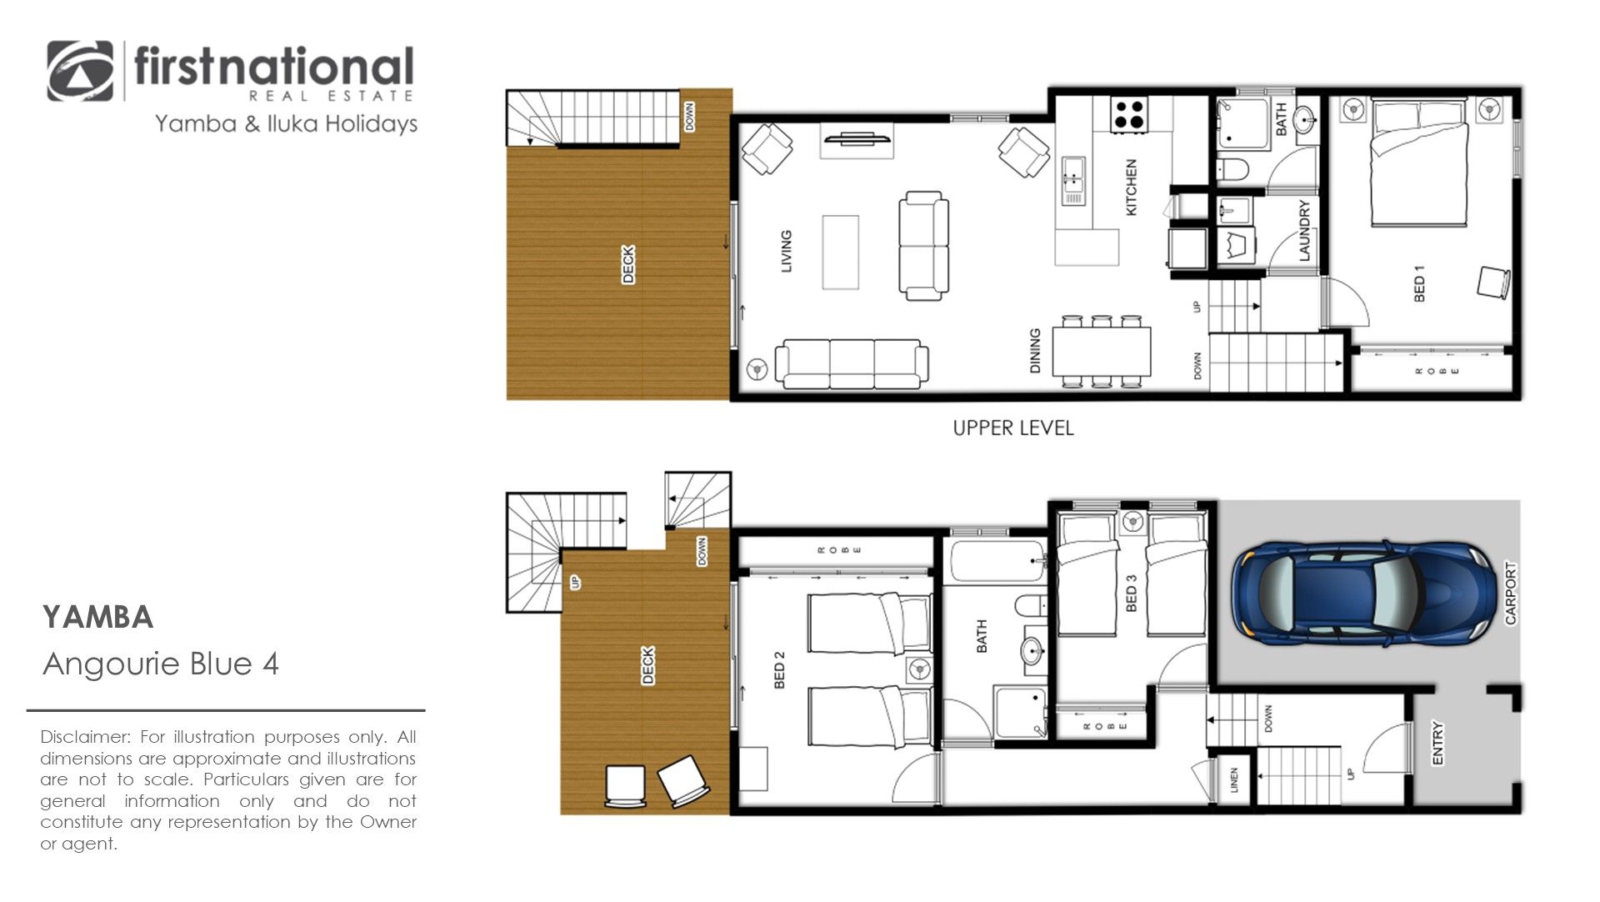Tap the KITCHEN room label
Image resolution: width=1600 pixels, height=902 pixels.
point(1131,188)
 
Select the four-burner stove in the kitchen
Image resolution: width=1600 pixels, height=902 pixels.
point(1128,114)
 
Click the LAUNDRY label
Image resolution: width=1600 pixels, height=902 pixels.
point(1304,230)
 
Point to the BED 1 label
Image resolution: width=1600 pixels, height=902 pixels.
point(1420,283)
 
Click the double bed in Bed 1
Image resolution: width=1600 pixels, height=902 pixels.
point(1419,163)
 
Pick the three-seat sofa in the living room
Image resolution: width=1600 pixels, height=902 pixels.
point(852,364)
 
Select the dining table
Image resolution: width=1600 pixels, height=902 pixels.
point(1101,352)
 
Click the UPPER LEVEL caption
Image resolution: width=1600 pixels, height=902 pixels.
point(1013,428)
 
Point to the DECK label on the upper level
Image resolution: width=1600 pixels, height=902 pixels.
point(628,264)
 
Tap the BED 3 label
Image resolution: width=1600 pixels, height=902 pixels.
point(1131,593)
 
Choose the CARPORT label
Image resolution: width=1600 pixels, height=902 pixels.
point(1511,593)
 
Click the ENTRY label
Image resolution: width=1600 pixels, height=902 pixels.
point(1437,743)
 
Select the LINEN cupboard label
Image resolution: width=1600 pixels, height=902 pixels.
point(1234,779)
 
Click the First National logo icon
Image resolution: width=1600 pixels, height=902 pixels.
point(80,72)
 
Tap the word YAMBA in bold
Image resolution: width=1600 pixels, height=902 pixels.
point(98,618)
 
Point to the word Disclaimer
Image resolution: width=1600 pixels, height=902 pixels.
point(86,737)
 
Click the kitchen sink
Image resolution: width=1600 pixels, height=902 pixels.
point(1072,181)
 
